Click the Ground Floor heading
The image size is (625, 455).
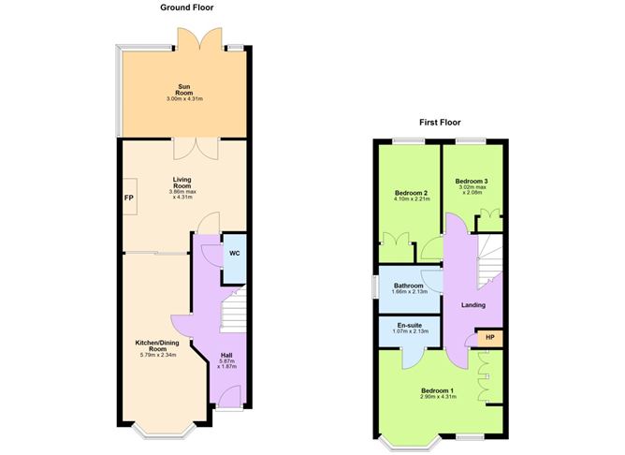(185, 7)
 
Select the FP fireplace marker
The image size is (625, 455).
(128, 198)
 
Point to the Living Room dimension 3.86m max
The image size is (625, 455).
(183, 192)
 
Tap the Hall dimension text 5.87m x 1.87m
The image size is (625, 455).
(226, 363)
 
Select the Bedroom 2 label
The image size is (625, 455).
(410, 194)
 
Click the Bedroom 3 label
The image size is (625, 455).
(472, 181)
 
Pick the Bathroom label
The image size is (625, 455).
(409, 286)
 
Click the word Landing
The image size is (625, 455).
(473, 304)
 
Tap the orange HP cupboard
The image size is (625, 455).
(489, 337)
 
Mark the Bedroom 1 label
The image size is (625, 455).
(437, 389)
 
